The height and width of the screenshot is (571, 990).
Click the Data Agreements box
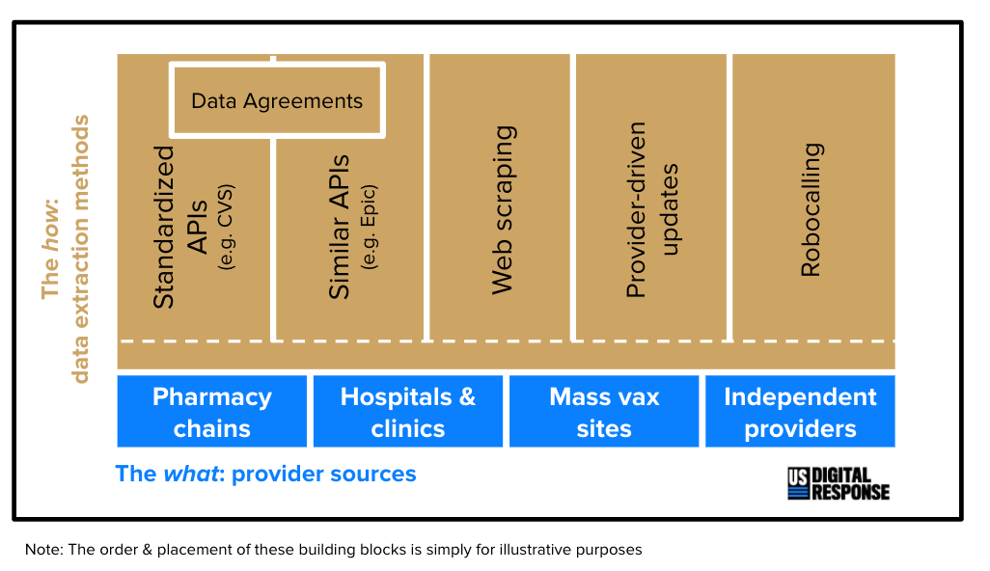click(277, 100)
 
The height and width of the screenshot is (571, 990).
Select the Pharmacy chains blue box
click(212, 412)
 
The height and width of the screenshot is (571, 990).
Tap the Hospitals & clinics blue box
click(408, 412)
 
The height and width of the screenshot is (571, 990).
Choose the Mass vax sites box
click(604, 412)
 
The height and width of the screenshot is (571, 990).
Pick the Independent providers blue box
click(800, 412)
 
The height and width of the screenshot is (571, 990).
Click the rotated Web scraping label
click(503, 209)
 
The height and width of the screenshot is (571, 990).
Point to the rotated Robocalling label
click(811, 209)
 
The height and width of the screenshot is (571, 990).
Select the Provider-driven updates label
click(651, 209)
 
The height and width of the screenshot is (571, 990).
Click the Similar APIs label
click(340, 227)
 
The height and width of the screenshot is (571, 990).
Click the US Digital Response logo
click(838, 484)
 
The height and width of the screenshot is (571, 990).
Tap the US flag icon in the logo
click(798, 484)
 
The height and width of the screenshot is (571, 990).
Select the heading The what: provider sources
click(265, 474)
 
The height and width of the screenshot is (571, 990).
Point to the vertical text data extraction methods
click(80, 249)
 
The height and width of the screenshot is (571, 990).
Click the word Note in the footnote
click(42, 550)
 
